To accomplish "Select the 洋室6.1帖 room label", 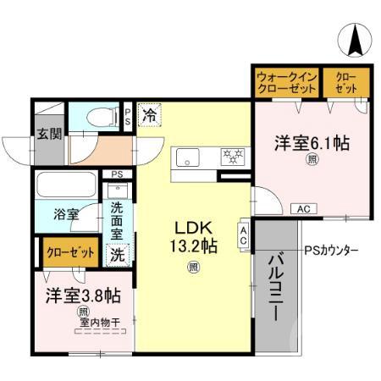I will click(x=312, y=143).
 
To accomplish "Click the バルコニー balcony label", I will click(x=276, y=288).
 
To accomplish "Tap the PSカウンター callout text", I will click(x=331, y=251).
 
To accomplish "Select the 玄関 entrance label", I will click(x=47, y=133).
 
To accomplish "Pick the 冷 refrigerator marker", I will click(x=150, y=113).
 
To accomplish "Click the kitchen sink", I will click(x=186, y=157).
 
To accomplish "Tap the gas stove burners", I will click(x=231, y=156).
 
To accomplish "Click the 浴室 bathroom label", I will click(x=66, y=213).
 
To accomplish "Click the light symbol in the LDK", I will click(x=194, y=268).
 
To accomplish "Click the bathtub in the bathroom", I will click(x=67, y=185).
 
